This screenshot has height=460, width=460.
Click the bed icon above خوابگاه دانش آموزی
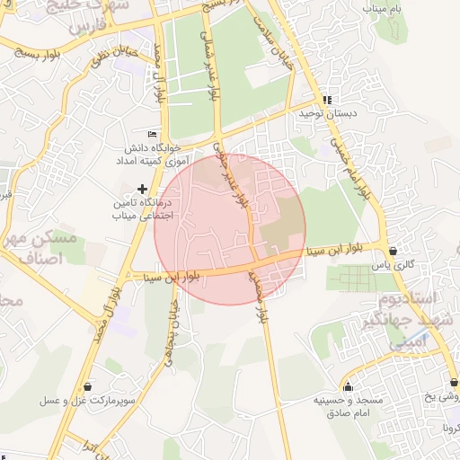pos(152,133)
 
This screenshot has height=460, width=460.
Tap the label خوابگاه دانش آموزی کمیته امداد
pos(148,153)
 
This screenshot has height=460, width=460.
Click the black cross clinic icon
pos(141,189)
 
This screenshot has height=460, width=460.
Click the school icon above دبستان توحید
pos(327,101)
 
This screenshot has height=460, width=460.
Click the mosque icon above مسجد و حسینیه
pos(349,384)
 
